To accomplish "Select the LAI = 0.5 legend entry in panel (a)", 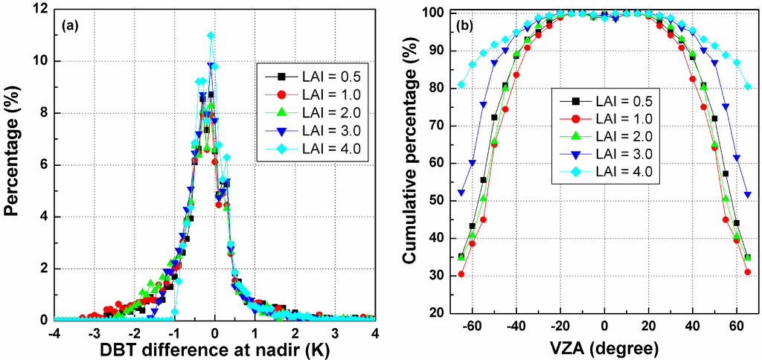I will [305, 76].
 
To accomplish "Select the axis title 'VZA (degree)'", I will [603, 348].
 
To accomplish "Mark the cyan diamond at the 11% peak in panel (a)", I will [211, 35].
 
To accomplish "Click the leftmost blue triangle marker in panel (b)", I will [461, 193].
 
